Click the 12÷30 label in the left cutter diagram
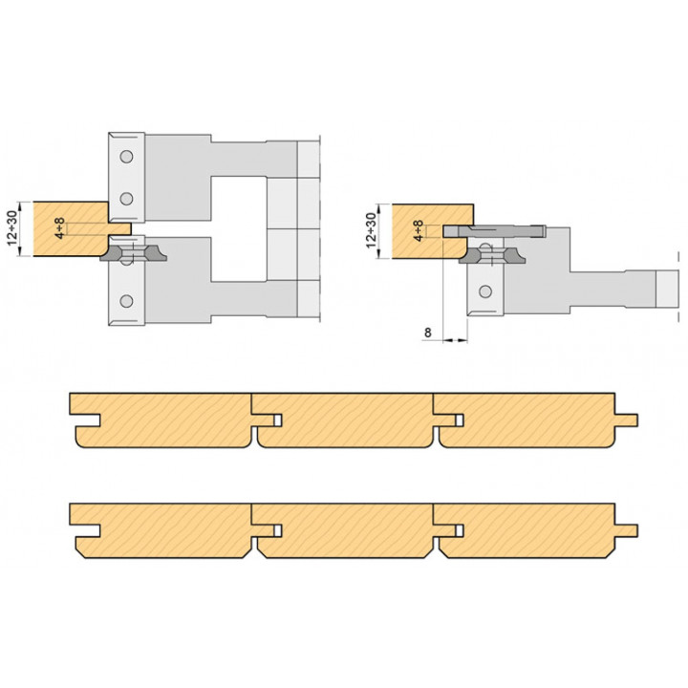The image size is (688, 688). [12, 228]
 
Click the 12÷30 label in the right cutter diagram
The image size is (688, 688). [371, 230]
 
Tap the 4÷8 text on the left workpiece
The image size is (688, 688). [59, 228]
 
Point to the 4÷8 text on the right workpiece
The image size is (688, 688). [419, 231]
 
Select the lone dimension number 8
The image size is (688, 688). [428, 333]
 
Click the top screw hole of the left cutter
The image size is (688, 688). [126, 156]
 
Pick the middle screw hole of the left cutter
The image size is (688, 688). [126, 199]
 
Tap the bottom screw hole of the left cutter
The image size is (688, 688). [126, 301]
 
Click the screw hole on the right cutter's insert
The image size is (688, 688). [485, 290]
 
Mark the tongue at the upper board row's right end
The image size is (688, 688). [626, 419]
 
